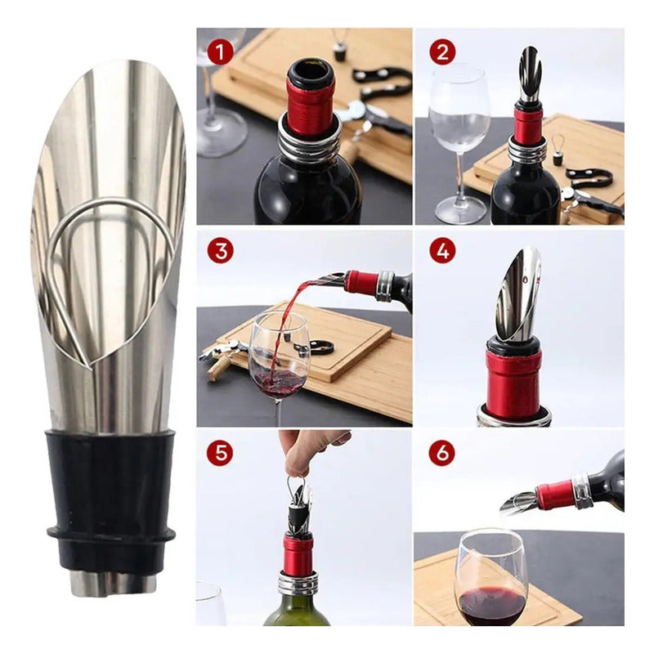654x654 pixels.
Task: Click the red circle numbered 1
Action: (x=220, y=52)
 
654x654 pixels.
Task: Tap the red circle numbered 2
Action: (x=442, y=52)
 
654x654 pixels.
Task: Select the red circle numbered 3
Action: (x=221, y=251)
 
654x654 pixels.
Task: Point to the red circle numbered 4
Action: (x=442, y=251)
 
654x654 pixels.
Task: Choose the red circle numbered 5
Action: (x=221, y=453)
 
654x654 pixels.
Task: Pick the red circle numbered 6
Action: (x=442, y=453)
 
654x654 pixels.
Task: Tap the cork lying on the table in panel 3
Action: (x=220, y=369)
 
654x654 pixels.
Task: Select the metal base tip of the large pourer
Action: (x=113, y=583)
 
